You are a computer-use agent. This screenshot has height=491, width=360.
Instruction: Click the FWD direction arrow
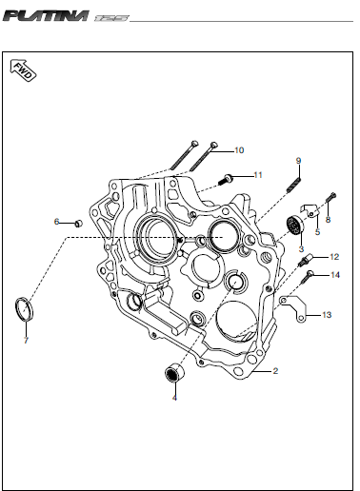coord(23,70)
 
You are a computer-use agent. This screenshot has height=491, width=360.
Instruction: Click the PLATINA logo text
coord(47,16)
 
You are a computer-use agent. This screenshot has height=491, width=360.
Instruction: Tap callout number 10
coord(239,150)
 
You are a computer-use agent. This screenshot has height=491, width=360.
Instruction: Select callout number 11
coord(258,175)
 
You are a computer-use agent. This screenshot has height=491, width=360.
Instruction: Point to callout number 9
coord(298,161)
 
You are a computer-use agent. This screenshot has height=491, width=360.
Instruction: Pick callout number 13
coord(327,315)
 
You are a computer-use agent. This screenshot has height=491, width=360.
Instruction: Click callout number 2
coord(275,371)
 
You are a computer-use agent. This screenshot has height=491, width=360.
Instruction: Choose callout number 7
coord(26,341)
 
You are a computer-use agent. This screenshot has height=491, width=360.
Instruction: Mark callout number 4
coord(174,398)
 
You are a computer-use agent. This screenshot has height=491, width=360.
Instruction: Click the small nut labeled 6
coord(78,224)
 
